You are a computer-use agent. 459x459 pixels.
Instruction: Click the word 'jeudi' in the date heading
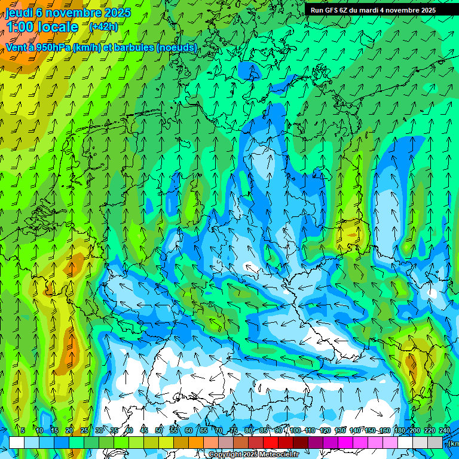tap(19, 13)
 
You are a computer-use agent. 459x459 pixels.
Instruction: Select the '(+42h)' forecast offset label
tap(103, 27)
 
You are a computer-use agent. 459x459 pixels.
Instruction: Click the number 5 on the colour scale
tap(23, 430)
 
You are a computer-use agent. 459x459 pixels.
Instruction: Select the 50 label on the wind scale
tap(159, 430)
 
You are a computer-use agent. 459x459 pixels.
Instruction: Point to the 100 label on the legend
tap(295, 430)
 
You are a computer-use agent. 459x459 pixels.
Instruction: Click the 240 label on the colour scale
tap(445, 430)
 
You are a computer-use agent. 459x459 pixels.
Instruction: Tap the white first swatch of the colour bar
tap(17, 442)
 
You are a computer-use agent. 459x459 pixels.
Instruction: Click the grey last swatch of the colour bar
tap(435, 442)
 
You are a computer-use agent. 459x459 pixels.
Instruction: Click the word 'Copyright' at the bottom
tap(225, 455)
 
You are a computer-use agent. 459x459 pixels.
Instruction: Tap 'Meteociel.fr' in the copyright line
tap(279, 455)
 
